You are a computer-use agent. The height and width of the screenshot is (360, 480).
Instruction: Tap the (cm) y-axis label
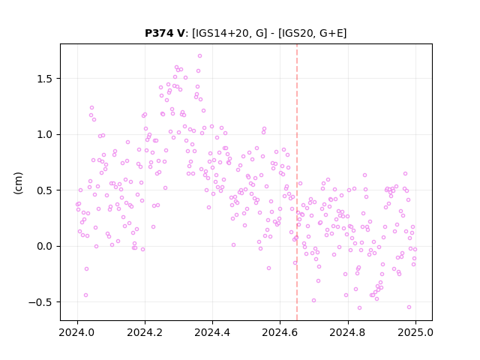click(18, 183)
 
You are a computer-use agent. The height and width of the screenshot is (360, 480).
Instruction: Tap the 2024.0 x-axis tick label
click(77, 332)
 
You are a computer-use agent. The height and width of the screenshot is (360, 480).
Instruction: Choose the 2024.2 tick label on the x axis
click(145, 332)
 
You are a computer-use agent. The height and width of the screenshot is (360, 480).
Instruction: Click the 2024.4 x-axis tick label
click(212, 332)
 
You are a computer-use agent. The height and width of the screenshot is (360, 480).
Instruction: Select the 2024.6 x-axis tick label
click(280, 332)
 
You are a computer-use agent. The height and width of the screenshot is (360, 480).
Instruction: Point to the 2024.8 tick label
click(348, 332)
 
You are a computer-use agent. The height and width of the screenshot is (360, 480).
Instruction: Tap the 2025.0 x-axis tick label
click(415, 332)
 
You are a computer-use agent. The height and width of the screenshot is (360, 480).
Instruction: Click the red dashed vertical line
click(297, 182)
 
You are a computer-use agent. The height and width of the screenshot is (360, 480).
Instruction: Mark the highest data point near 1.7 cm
click(200, 56)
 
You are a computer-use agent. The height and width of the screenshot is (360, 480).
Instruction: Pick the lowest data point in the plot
click(360, 308)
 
